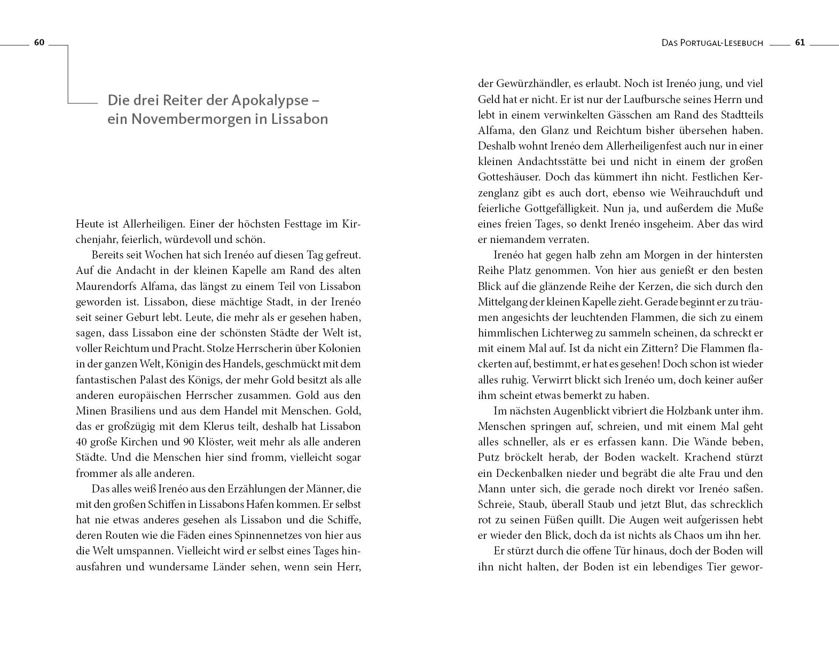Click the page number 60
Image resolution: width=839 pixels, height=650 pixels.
(39, 43)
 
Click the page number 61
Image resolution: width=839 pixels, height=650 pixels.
(799, 43)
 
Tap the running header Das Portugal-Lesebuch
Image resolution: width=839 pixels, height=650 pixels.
(712, 43)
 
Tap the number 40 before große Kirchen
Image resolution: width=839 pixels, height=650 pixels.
(82, 442)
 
